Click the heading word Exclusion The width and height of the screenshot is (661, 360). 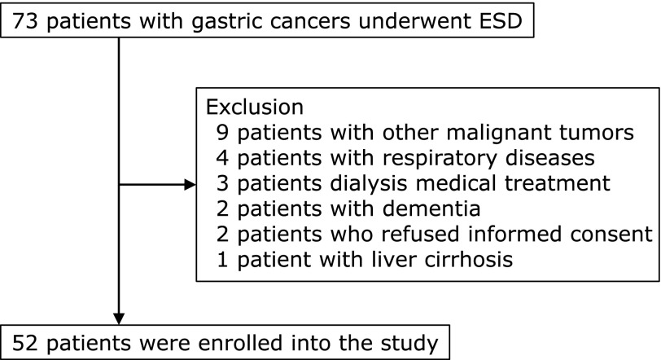coord(255,107)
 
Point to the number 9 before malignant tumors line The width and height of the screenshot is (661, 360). coord(222,133)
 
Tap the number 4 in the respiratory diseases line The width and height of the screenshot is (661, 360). coord(222,158)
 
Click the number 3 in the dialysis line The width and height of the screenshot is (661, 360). coord(222,183)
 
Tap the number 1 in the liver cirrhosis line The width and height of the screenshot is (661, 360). coord(222,259)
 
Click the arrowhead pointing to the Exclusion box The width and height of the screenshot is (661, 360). coord(190,184)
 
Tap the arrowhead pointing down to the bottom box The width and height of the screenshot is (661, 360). coord(119,318)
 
